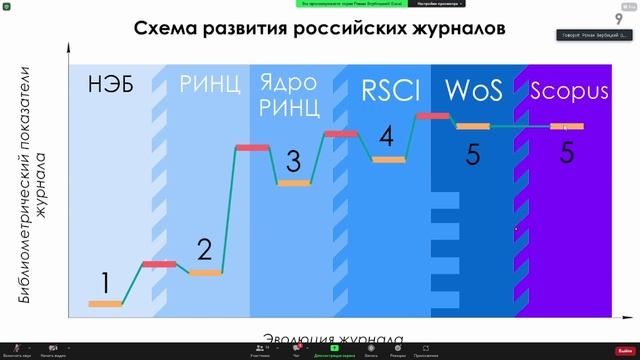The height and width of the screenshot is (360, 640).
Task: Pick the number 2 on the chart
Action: (x=204, y=249)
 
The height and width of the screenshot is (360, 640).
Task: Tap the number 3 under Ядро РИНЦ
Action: (x=293, y=160)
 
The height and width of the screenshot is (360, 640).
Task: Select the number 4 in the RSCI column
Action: (x=386, y=135)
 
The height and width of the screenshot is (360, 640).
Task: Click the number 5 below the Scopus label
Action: (x=567, y=152)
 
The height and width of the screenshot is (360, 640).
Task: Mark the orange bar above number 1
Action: (x=106, y=303)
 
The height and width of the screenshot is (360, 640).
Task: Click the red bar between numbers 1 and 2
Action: (x=158, y=264)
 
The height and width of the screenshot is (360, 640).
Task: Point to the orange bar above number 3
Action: (x=294, y=183)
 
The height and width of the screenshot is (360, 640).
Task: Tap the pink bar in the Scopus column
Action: (x=567, y=127)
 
